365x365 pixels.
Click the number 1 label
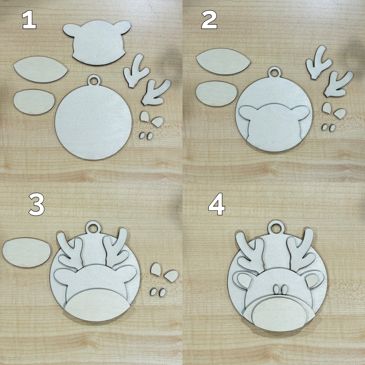pos(29,21)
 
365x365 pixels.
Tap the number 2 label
pos(209,21)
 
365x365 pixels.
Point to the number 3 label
pos(36,207)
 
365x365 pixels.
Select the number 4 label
pos(216,207)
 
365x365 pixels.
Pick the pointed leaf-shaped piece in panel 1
pos(41,69)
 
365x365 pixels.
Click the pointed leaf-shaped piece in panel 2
pos(223,61)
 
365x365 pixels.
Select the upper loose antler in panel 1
pos(134,71)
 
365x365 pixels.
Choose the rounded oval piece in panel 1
pos(34,102)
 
